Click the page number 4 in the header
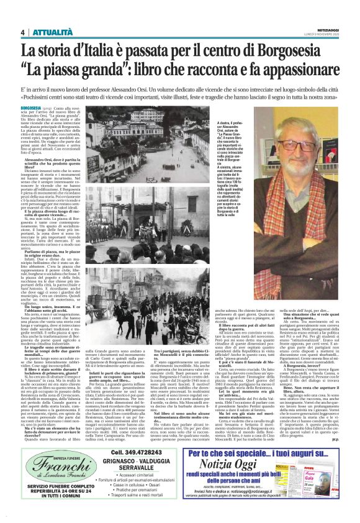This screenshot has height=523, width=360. tap(22, 33)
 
